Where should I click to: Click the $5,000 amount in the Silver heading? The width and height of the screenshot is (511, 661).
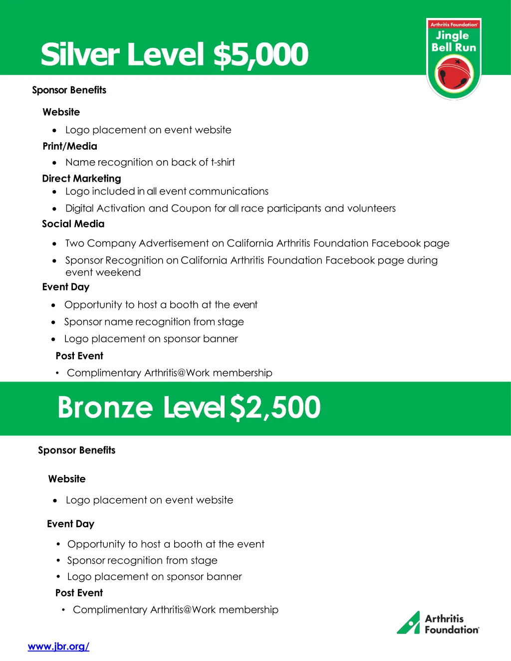(x=260, y=55)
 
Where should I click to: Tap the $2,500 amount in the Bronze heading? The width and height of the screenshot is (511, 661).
(x=275, y=408)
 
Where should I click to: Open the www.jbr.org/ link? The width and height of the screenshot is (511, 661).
(x=58, y=647)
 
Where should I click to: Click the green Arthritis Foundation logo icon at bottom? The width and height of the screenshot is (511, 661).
(x=409, y=623)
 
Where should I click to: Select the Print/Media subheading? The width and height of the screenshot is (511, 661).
(x=70, y=146)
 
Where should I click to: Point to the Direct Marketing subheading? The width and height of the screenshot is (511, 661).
(x=81, y=179)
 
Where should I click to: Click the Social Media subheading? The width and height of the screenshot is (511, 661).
(x=73, y=224)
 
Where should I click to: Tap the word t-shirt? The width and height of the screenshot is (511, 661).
(x=223, y=163)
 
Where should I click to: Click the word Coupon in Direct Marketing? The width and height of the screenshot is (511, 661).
(x=191, y=209)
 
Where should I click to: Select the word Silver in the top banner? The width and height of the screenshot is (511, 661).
(x=80, y=55)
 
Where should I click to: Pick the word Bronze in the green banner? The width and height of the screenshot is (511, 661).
(x=105, y=408)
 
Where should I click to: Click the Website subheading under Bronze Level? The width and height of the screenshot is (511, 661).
(x=67, y=479)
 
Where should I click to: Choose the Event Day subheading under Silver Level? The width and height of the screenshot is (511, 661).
(x=66, y=287)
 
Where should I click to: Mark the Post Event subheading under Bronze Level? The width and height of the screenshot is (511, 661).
(x=79, y=593)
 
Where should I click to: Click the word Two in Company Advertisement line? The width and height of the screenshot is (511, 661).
(x=75, y=243)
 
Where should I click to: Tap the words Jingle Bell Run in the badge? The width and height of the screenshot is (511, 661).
(x=454, y=41)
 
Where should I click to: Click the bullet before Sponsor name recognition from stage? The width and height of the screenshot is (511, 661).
(x=53, y=322)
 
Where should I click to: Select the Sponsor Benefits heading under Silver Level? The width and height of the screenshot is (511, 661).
(x=69, y=90)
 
